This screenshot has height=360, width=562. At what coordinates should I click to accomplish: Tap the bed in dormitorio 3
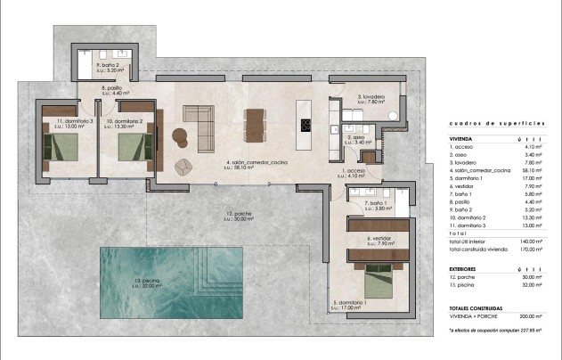point(61,144)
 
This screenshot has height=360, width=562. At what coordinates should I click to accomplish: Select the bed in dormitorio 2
point(127,144)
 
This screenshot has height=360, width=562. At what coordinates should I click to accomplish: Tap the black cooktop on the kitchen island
point(306,124)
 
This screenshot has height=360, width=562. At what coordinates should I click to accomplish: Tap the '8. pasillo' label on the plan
point(112,88)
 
